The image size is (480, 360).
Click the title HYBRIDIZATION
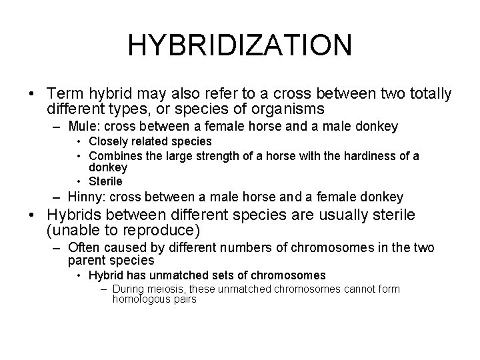click(x=239, y=45)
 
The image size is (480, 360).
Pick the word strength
click(x=214, y=156)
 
